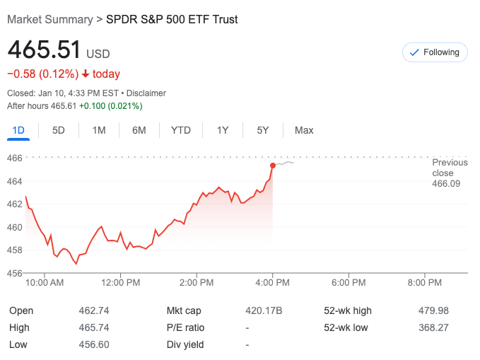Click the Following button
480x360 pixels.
coord(435,52)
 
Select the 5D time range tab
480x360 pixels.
coord(59,130)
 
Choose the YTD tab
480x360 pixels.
coord(181,130)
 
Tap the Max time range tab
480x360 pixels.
coord(304,130)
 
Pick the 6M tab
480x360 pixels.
coord(139,130)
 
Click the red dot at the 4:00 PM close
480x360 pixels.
coord(273,166)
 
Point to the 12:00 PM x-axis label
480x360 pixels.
coord(120,283)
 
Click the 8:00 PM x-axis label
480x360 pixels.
coord(425,283)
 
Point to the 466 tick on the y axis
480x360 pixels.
coord(15,158)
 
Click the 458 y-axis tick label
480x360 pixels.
coord(15,250)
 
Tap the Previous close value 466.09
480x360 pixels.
coord(446,184)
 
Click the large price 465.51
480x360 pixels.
coord(44,51)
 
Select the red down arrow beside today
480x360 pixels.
coord(86,74)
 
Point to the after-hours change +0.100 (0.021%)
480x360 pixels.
coord(110,106)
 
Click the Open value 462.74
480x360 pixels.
coord(94,310)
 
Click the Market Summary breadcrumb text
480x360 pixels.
coord(49,19)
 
